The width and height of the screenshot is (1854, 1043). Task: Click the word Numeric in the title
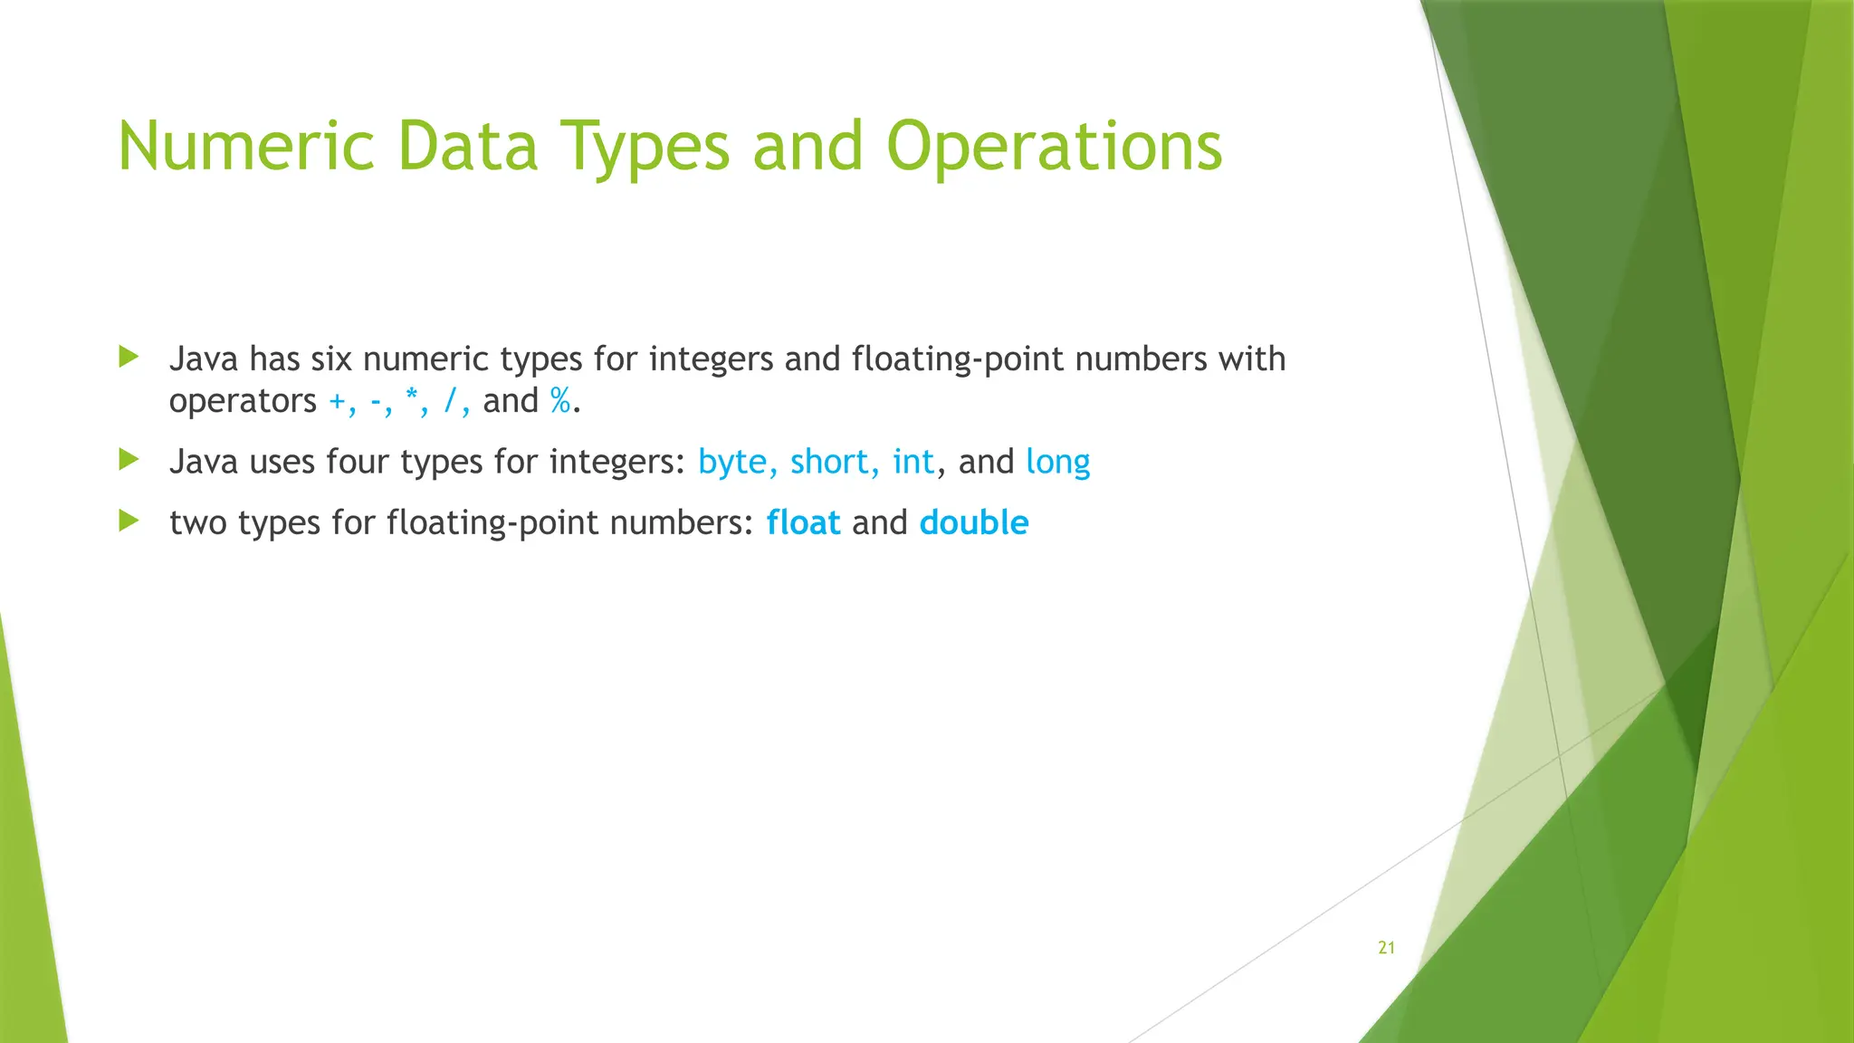[246, 147]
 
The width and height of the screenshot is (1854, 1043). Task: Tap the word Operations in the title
[1054, 147]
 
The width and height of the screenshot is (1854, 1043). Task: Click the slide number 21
[1386, 948]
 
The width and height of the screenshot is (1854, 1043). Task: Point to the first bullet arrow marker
[129, 357]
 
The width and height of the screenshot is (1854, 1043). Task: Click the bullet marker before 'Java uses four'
[129, 460]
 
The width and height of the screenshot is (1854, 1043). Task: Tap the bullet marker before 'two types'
[129, 521]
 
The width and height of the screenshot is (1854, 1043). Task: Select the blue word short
[829, 463]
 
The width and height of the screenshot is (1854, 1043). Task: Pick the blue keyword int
[913, 463]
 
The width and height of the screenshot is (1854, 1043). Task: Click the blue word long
[1057, 463]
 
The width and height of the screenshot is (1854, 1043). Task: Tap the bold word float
[803, 523]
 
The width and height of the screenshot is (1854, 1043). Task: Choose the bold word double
[974, 523]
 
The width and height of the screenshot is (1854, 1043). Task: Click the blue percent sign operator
[560, 401]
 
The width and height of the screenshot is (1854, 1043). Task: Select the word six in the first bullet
[330, 359]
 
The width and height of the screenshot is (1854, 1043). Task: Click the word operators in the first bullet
[243, 401]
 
